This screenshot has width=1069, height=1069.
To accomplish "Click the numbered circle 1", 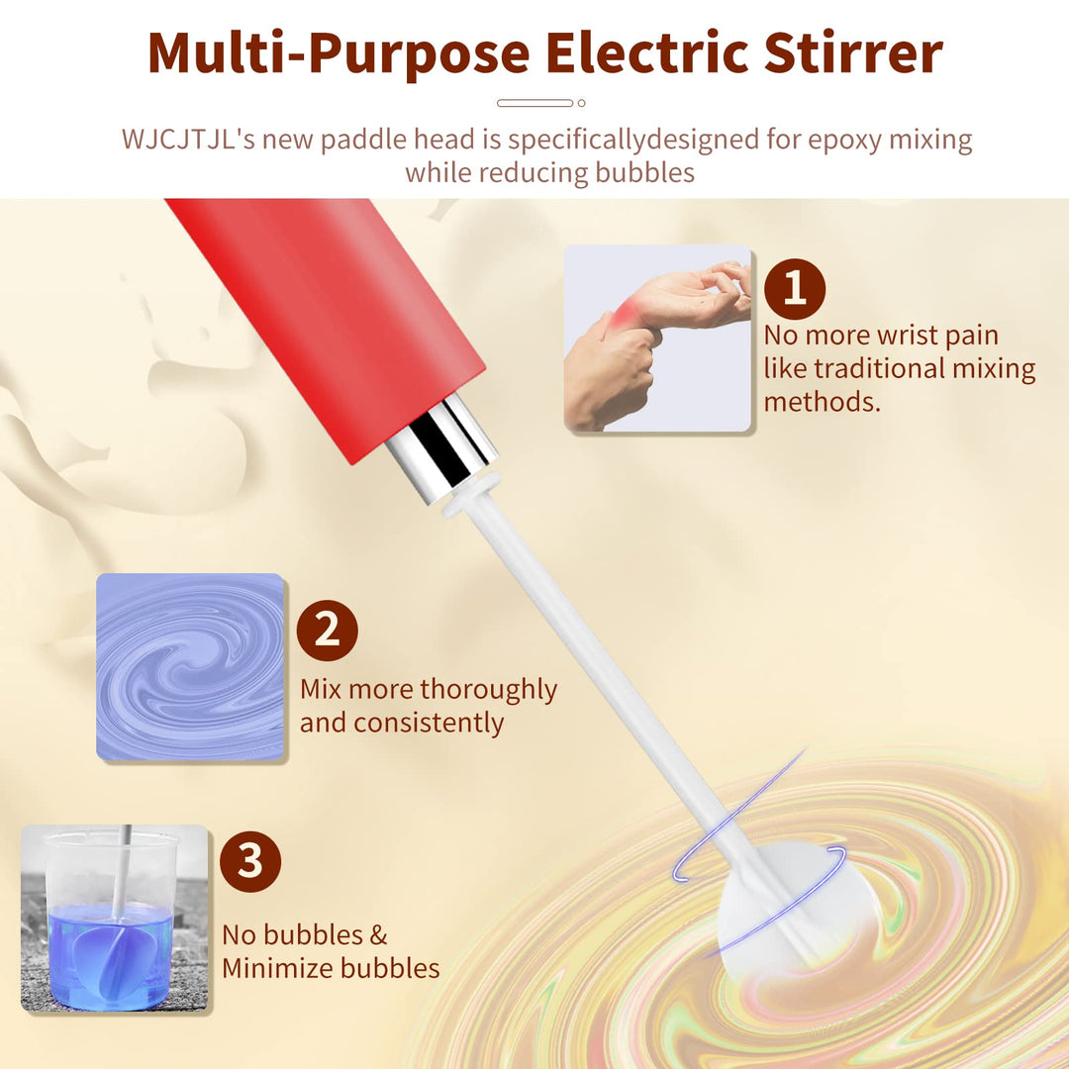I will point(794,288).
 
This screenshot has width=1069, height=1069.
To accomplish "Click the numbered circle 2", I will point(327,631).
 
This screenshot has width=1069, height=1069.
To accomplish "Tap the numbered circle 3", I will point(250,861).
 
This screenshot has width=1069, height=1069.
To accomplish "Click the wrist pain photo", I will point(658,339).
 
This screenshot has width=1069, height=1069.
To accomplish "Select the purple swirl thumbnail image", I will point(190,666).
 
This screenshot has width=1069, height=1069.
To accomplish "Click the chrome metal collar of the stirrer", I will point(441,448).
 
